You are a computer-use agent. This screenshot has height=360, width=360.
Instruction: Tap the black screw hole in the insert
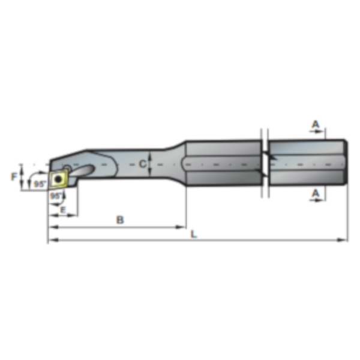click(x=58, y=179)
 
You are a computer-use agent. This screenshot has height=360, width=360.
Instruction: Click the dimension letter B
click(x=120, y=220)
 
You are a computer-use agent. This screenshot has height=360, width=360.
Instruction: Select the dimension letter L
click(x=194, y=234)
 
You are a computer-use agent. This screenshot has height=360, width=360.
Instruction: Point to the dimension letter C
click(x=143, y=164)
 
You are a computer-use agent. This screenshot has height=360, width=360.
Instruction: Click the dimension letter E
click(x=63, y=210)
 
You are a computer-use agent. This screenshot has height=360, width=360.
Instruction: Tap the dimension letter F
click(x=14, y=176)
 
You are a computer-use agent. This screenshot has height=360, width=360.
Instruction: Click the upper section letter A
click(x=316, y=124)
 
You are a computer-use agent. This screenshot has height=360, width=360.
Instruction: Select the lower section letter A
click(x=316, y=193)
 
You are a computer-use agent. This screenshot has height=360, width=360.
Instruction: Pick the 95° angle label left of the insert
click(x=40, y=184)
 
